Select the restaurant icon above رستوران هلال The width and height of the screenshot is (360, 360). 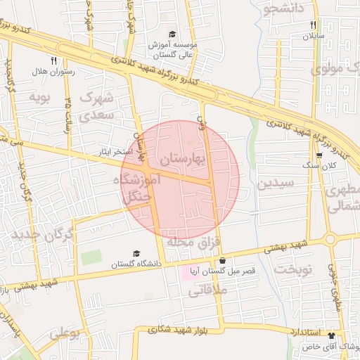(x=53, y=60)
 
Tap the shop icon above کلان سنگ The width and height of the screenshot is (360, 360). (x=319, y=155)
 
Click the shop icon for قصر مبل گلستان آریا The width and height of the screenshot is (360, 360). (x=222, y=260)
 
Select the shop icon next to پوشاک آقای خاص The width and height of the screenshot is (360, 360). (x=342, y=335)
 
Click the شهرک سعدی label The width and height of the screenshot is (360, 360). (x=97, y=105)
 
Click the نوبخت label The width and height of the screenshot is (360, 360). (x=293, y=269)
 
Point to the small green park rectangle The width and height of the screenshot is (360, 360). (x=91, y=257)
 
